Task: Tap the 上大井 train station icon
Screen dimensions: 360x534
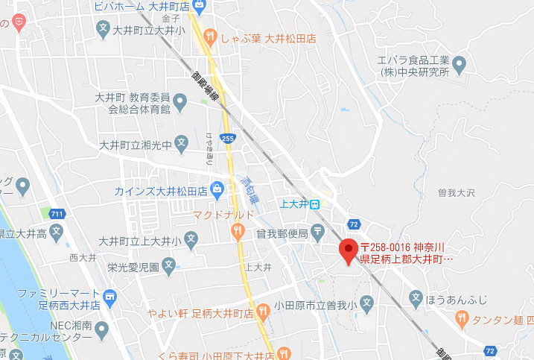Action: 315,203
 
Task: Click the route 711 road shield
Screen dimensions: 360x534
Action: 57,215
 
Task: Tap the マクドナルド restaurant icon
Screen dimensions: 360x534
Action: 238,232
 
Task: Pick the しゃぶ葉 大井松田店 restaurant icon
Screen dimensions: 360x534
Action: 211,35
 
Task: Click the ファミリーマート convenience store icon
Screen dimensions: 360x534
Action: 110,298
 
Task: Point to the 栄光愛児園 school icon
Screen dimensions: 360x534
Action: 169,264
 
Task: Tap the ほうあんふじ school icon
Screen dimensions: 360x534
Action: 416,299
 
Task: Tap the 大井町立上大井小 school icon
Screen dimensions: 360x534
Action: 191,241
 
